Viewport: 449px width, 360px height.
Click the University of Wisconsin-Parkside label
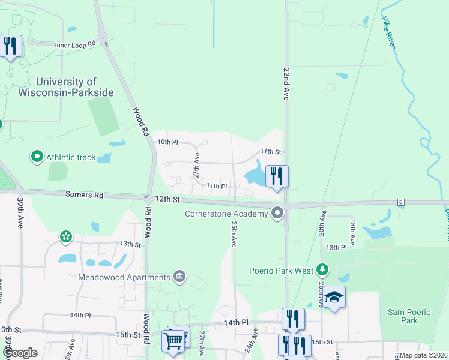[x=74, y=87]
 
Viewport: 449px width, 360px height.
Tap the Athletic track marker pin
[x=37, y=157]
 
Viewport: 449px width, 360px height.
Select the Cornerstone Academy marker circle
[x=277, y=213]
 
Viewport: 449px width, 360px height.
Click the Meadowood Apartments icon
[x=179, y=277]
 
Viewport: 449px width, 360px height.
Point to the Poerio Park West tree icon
[x=324, y=270]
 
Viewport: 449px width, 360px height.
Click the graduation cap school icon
[x=334, y=297]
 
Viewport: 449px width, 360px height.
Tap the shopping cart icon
[x=173, y=341]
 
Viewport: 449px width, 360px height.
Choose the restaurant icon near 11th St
[x=277, y=176]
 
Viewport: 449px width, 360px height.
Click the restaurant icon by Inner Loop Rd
[x=10, y=46]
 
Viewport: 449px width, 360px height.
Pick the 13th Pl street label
[x=337, y=247]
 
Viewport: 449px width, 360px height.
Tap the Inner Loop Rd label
[x=75, y=44]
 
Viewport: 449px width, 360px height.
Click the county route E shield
[x=400, y=202]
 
